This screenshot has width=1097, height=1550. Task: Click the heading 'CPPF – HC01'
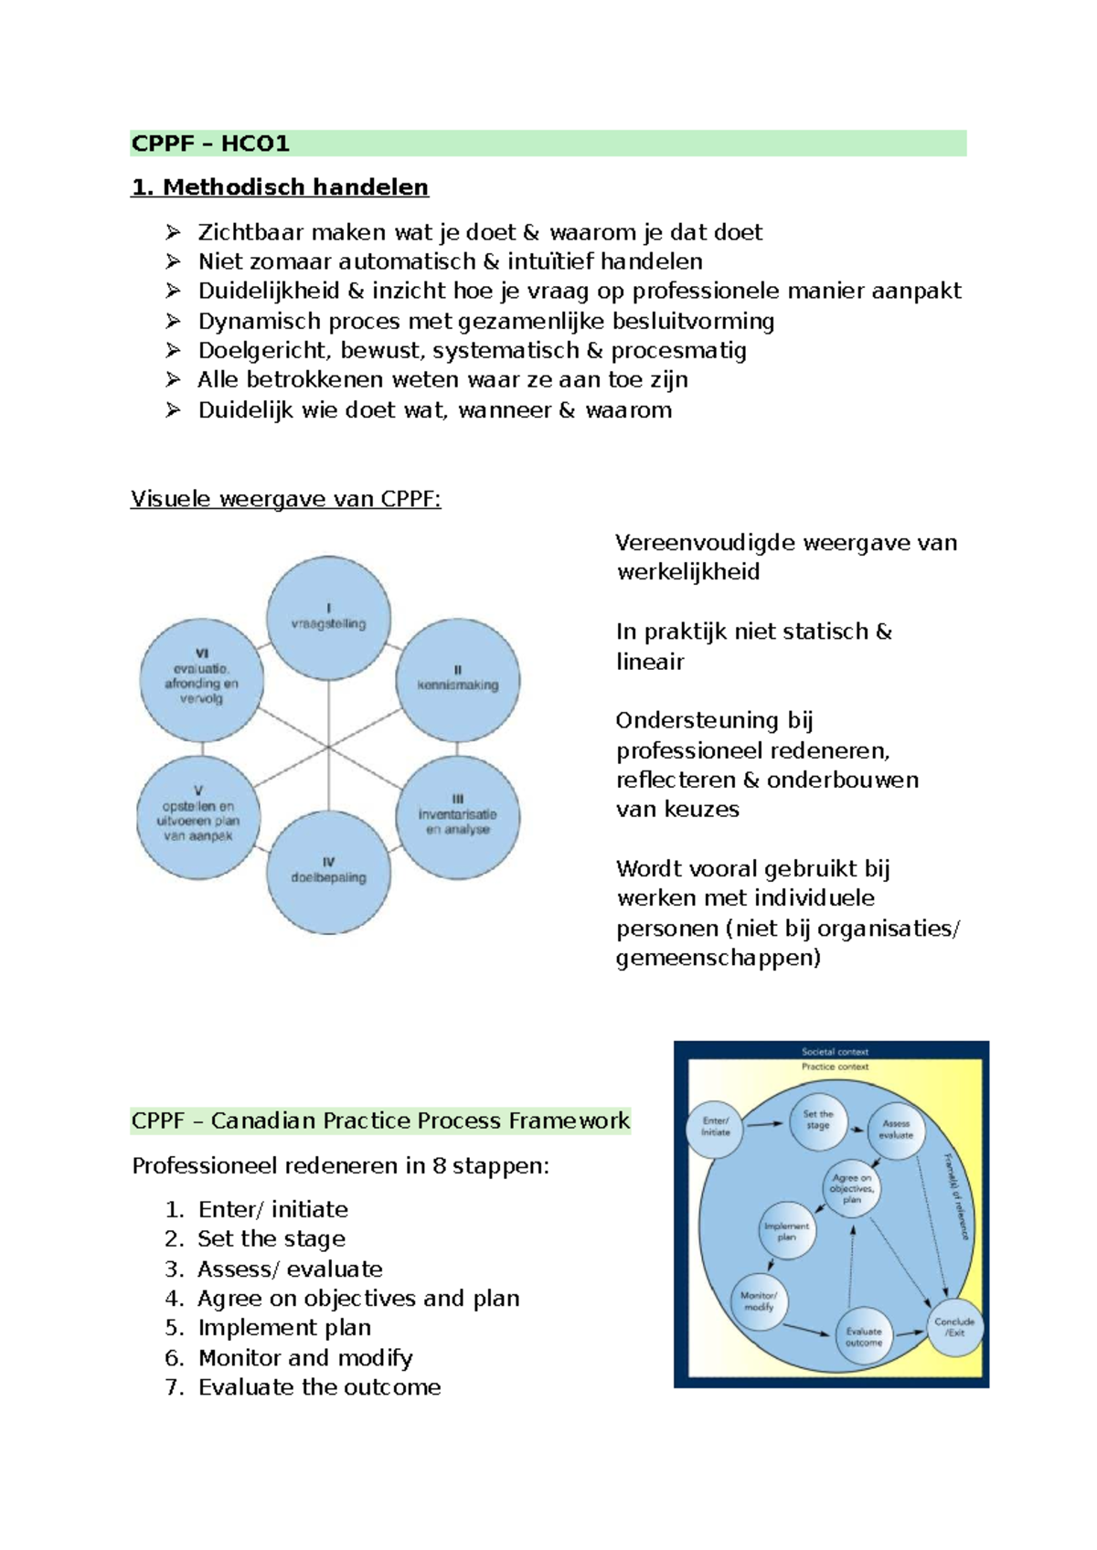coord(211,143)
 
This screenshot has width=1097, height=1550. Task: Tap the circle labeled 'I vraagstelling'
coord(328,618)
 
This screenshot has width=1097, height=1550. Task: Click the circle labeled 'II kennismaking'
coord(457,680)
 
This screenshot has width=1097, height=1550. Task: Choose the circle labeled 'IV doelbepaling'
coord(328,871)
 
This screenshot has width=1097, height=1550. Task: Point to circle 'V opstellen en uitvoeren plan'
coord(198,816)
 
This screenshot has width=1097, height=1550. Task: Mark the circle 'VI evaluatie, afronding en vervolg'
coord(202,679)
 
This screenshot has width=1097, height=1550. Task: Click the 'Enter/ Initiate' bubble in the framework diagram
coord(715,1129)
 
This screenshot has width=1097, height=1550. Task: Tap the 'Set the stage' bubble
coord(818,1120)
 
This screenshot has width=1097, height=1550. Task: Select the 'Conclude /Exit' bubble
coord(954,1327)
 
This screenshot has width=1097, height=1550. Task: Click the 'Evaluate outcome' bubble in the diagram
coord(864,1338)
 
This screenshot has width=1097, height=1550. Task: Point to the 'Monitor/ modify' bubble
coord(759,1301)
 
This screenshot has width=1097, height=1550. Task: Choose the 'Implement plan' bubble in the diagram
coord(787,1231)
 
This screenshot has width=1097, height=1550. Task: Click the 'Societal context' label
coord(835,1052)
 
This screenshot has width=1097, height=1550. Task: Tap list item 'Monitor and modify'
coord(305,1358)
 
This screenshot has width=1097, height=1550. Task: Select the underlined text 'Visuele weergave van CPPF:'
coord(285,499)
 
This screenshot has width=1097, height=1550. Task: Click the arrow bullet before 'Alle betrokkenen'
coord(173,379)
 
